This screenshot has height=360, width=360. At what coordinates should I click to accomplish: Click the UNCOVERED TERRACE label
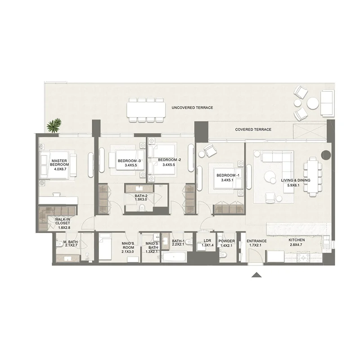click(192, 108)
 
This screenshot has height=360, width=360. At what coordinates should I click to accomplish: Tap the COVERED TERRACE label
click(253, 130)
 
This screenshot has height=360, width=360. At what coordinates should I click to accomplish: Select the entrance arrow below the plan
click(256, 275)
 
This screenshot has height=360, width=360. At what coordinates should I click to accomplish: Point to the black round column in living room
click(325, 155)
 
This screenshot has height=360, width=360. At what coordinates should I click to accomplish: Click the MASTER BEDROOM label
click(59, 162)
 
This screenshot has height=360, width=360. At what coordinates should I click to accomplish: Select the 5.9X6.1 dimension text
click(293, 185)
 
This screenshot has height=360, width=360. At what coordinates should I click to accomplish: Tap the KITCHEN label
click(297, 240)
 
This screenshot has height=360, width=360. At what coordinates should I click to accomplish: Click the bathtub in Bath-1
click(174, 256)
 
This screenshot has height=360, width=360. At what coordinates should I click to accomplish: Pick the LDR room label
click(207, 241)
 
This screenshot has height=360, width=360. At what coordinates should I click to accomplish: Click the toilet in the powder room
click(223, 254)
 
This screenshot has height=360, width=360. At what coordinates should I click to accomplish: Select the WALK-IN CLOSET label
click(63, 221)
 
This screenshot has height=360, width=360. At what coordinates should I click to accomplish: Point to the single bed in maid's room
click(105, 247)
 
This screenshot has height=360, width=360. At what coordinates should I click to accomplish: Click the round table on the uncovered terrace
click(313, 103)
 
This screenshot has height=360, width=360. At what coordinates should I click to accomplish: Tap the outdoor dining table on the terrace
click(146, 109)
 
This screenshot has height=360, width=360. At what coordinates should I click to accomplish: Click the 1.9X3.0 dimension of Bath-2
click(141, 199)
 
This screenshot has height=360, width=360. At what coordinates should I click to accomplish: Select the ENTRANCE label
click(256, 241)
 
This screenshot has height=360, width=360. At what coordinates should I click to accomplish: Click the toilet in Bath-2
click(142, 208)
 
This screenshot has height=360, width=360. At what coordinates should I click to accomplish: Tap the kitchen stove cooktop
click(303, 256)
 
